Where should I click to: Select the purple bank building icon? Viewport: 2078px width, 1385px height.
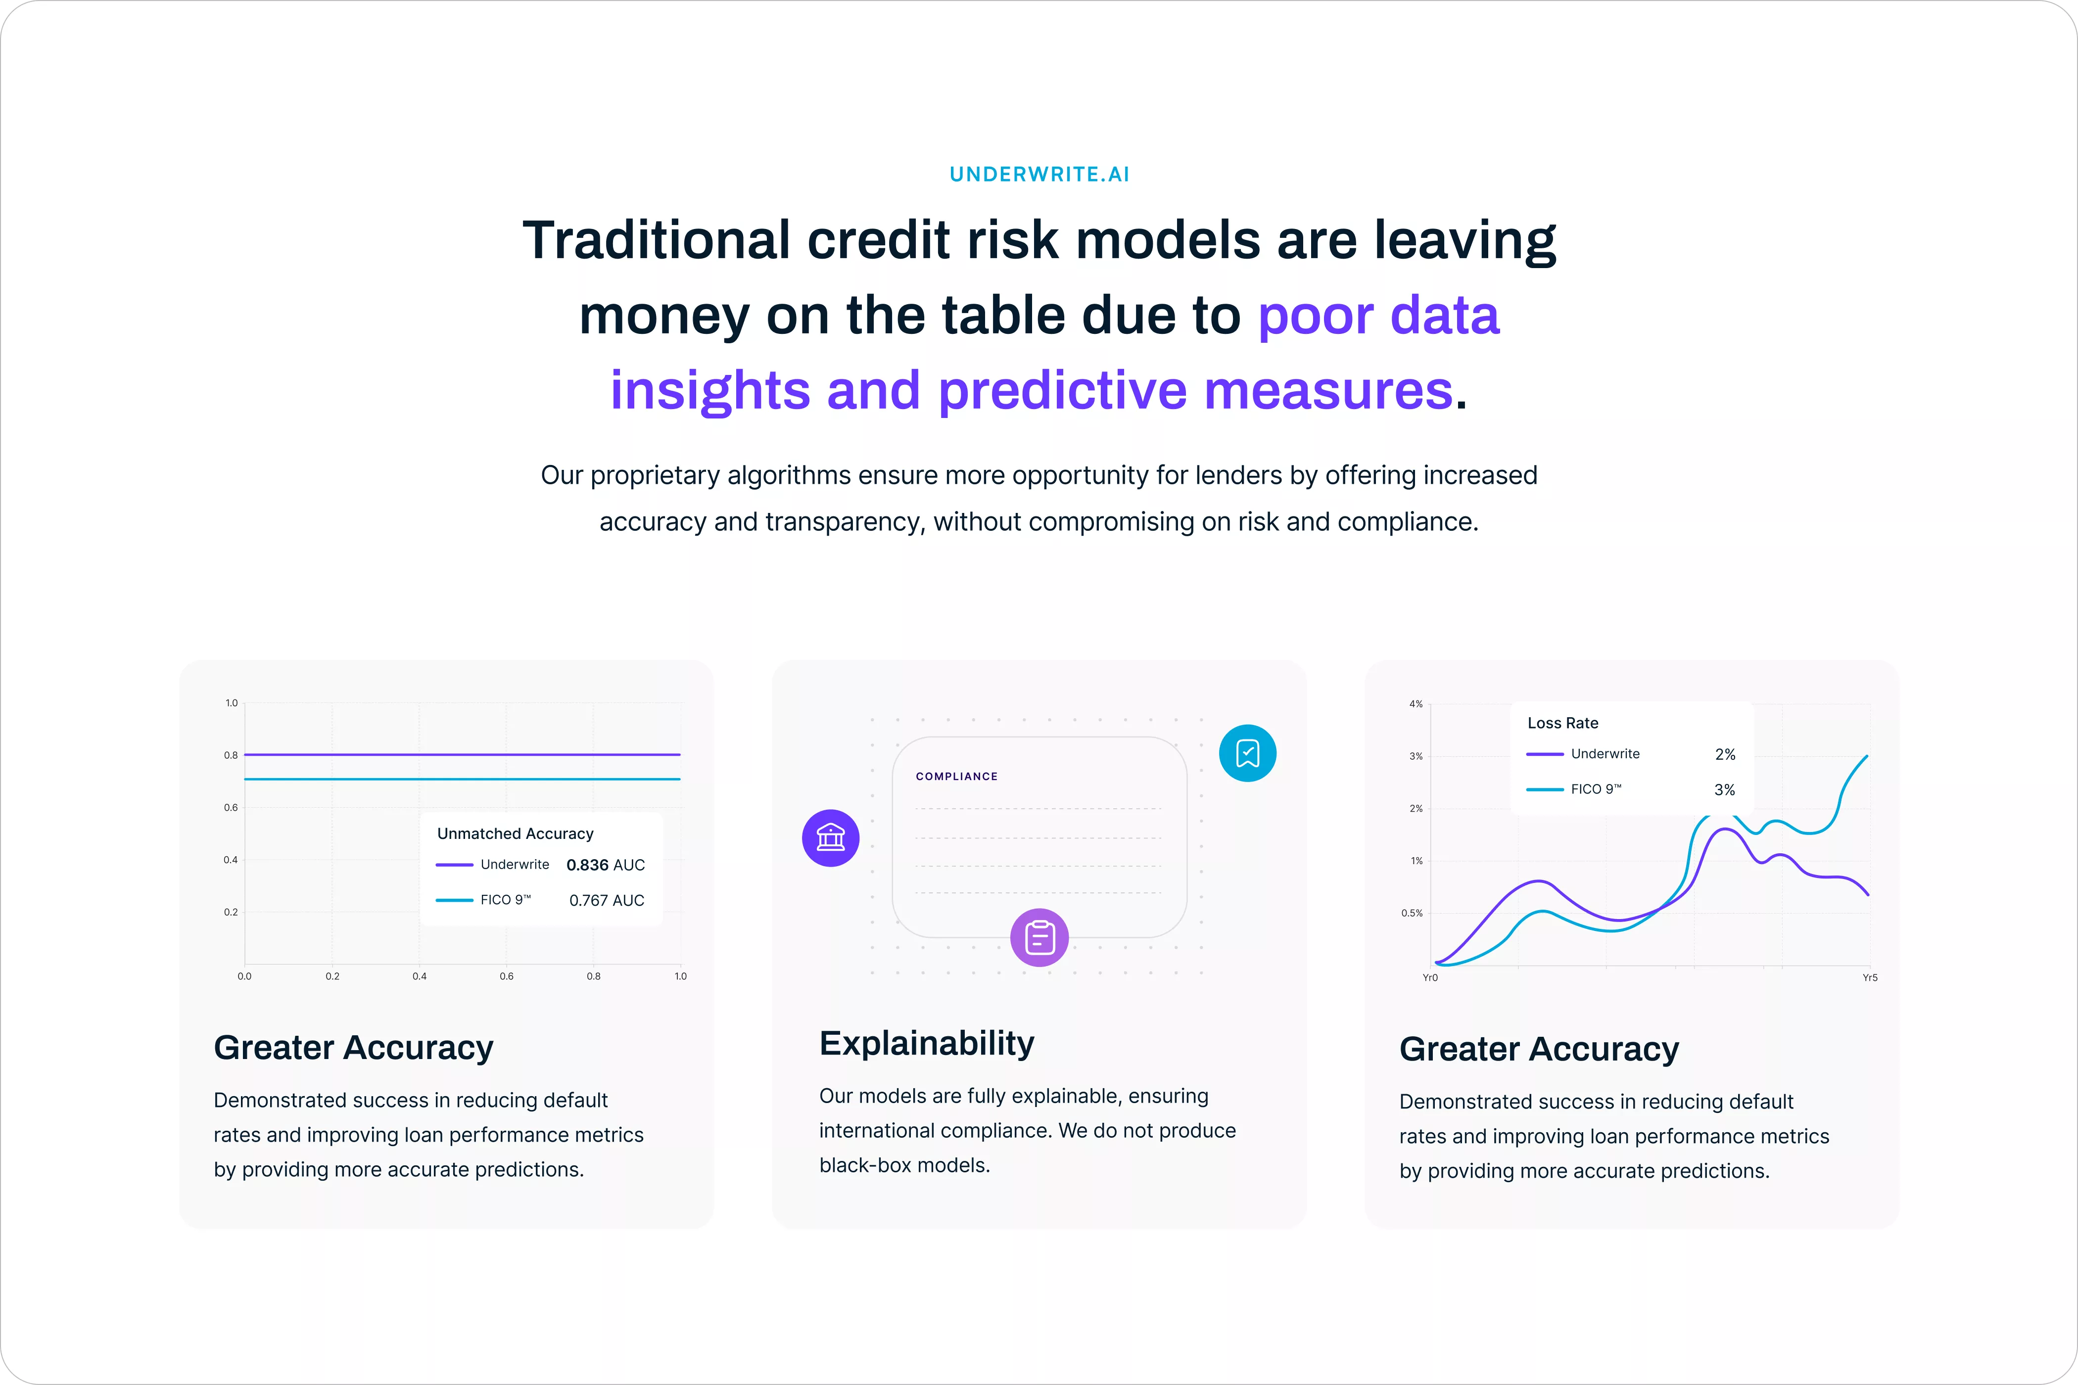(831, 837)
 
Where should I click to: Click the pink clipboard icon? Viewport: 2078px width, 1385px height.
(1039, 937)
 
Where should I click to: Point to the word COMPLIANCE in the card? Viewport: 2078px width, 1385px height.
(957, 777)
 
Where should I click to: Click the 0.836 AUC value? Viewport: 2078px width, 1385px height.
(605, 865)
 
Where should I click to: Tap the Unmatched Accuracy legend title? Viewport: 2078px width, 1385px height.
(515, 834)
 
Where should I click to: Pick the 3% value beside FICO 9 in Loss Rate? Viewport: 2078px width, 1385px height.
(1725, 789)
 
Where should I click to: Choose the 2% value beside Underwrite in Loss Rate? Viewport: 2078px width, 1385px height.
(1725, 754)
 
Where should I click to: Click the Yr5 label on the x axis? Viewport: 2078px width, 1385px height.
(1870, 978)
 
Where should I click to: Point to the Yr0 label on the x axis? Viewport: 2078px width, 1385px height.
(1429, 978)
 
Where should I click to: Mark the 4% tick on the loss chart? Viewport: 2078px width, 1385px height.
(1416, 704)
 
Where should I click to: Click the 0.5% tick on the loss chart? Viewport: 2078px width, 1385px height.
(1412, 913)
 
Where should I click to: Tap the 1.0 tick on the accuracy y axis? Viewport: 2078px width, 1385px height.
(232, 703)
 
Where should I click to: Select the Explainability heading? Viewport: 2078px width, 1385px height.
(926, 1043)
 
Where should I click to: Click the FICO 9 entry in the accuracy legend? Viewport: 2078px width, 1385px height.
(505, 900)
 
